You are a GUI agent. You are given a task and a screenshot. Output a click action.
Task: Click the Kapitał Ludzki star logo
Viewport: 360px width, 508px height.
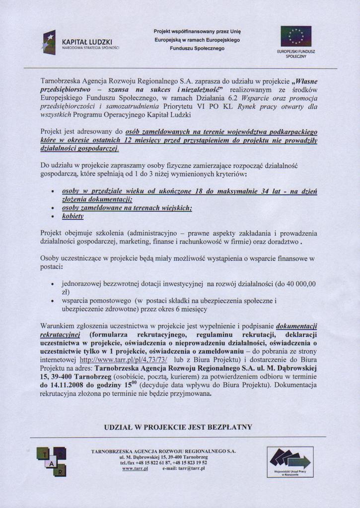tap(49, 42)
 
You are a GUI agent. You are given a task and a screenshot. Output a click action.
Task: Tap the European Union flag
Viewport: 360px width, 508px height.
tap(296, 36)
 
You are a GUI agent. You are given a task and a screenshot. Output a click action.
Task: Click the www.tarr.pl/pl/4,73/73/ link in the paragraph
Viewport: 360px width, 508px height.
tap(123, 359)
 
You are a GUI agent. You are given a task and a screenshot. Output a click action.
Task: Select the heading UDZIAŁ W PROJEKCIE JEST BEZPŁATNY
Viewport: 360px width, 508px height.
tap(178, 427)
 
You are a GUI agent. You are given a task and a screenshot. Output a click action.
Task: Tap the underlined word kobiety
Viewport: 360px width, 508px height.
tap(72, 217)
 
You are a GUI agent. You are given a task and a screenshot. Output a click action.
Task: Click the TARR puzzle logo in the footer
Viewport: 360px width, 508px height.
tap(51, 461)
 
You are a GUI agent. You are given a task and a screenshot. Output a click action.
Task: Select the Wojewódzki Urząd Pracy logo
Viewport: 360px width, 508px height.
tap(290, 461)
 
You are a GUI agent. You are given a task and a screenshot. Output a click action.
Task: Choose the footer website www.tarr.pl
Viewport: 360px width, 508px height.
tap(135, 468)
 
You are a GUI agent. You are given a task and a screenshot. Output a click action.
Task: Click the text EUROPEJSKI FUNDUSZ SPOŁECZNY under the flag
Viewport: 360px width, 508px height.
tap(296, 54)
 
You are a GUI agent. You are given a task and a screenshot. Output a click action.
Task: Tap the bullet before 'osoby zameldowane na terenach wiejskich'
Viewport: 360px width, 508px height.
tap(53, 208)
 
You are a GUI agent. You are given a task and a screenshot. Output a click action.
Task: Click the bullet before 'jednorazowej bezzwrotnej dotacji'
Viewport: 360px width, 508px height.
tap(53, 284)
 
